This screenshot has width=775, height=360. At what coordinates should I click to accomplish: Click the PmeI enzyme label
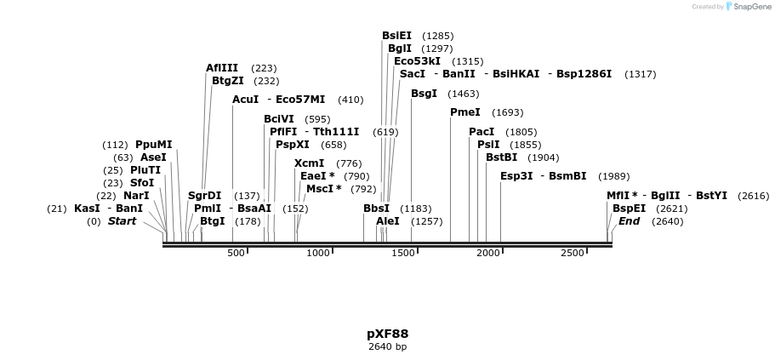point(464,112)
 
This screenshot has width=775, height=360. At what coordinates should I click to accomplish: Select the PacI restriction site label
point(481,132)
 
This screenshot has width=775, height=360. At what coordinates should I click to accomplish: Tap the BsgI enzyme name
point(424,94)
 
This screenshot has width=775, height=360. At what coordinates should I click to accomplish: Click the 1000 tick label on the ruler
point(317,253)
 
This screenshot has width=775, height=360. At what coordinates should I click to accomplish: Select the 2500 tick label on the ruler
point(573,253)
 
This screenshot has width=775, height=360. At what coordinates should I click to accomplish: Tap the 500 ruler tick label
point(236,253)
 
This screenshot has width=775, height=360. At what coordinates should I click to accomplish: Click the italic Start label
point(122,221)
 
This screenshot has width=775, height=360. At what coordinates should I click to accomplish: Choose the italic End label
point(629,221)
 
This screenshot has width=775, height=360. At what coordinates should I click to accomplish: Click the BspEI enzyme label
point(629,209)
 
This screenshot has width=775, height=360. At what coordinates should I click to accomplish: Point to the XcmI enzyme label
point(309,163)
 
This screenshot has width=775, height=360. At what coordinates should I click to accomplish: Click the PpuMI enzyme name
point(153,145)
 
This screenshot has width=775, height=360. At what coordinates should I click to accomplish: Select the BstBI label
point(501,157)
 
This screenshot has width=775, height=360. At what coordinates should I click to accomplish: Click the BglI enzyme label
point(399,49)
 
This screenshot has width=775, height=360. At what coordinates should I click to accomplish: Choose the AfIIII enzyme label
point(222,68)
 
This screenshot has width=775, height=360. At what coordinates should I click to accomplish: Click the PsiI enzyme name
point(488,145)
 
